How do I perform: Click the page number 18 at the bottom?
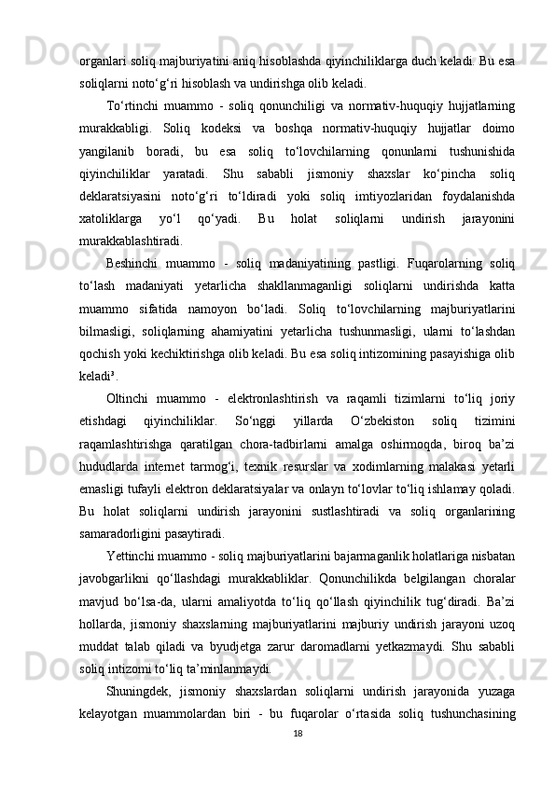point(297,760)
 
